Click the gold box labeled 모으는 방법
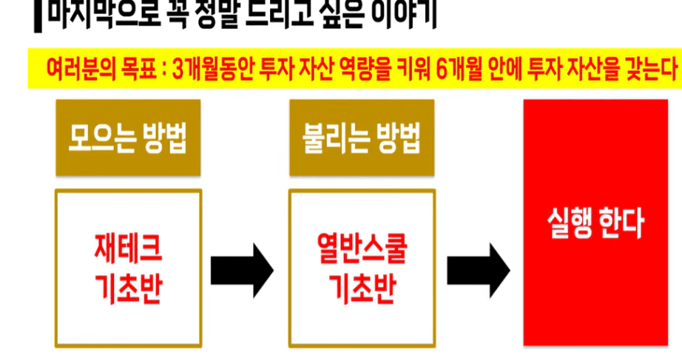click(127, 137)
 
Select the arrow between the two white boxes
click(242, 265)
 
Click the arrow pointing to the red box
click(477, 265)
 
